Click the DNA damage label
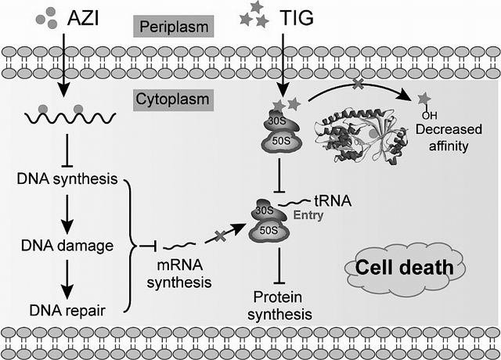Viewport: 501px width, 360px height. click(67, 245)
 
